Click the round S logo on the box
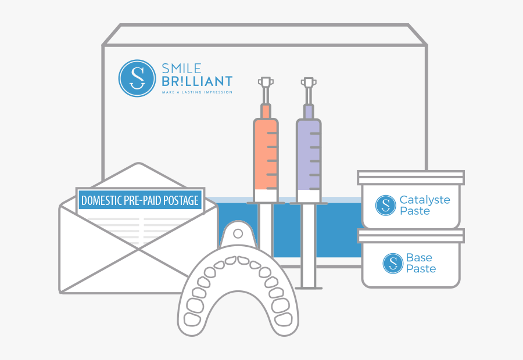tap(137, 78)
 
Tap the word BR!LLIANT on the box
tap(196, 82)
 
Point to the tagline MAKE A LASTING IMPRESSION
tap(196, 92)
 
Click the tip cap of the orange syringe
tap(266, 83)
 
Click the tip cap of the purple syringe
tap(309, 83)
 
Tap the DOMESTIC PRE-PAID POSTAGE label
tap(140, 201)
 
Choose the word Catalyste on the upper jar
tap(425, 200)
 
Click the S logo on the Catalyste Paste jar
tap(385, 205)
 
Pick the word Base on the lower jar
tap(419, 258)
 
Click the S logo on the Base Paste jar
tap(393, 263)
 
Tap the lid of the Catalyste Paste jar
tap(411, 177)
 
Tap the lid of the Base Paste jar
tap(411, 236)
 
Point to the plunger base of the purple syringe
tap(309, 286)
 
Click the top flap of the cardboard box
tap(264, 34)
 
